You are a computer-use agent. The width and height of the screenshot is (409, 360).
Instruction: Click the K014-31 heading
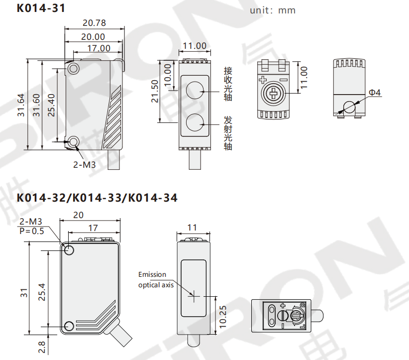coord(41,8)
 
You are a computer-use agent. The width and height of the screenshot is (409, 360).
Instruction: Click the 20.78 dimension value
coord(94,23)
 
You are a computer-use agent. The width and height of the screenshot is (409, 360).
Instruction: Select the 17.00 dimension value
coord(99,48)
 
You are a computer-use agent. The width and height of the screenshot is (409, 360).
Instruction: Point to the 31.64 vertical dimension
coord(21,105)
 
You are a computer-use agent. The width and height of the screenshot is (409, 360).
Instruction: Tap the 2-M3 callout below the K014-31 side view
coord(84,165)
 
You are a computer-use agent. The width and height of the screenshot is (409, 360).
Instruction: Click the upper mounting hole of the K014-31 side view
coord(73,69)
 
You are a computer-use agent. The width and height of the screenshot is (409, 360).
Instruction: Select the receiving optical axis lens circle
coord(195,90)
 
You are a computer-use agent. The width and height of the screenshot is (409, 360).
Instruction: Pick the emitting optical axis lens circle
coord(195,122)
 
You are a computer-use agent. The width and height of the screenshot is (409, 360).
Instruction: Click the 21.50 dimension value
coord(155,91)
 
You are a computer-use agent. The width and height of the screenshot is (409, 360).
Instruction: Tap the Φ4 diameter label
coord(375,93)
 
